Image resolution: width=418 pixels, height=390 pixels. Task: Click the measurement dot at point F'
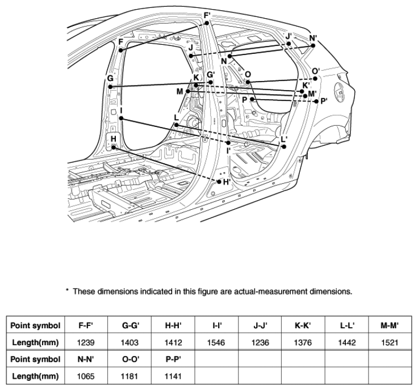(207, 23)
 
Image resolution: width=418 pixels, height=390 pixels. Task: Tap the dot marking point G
(110, 87)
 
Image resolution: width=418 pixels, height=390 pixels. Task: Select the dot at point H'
(219, 182)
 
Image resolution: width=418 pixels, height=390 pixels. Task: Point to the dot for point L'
(284, 147)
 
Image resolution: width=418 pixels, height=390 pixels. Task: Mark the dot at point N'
(313, 45)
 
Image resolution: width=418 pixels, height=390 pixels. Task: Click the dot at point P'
(316, 101)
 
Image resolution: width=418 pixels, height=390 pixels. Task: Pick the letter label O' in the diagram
(316, 71)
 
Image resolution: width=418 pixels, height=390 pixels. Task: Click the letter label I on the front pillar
(122, 111)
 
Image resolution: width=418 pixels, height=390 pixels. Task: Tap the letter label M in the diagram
(180, 91)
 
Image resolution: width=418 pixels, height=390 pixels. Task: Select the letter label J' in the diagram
(289, 36)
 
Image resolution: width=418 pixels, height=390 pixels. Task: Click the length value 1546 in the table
(216, 342)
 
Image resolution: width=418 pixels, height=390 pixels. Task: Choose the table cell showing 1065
(86, 376)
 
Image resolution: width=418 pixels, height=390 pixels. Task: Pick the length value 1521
(390, 342)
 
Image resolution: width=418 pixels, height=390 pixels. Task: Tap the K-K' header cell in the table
(303, 325)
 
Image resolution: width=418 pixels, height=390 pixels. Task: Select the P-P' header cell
(173, 359)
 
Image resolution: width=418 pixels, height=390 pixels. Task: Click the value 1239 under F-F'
(86, 342)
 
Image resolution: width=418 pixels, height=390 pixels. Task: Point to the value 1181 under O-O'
(129, 376)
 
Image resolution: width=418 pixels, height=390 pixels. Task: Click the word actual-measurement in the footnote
(271, 291)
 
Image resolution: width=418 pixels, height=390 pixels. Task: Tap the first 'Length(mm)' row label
(35, 342)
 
